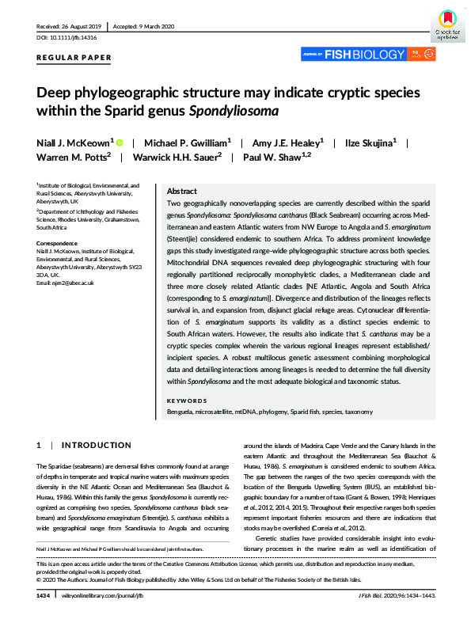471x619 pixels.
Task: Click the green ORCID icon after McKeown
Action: pyautogui.click(x=120, y=142)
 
